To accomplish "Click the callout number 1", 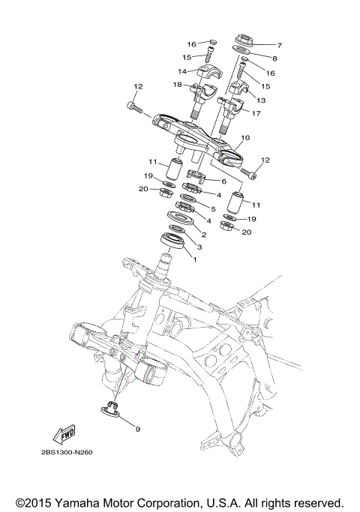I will coord(195,259).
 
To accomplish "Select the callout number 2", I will coord(202,235).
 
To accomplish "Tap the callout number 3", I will coord(199,247).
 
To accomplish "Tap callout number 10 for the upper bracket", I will coord(245,139).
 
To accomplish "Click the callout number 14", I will coord(182,71).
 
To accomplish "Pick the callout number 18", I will coord(178,85).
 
